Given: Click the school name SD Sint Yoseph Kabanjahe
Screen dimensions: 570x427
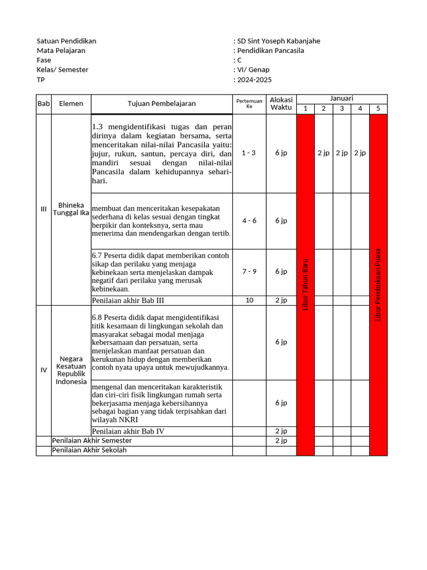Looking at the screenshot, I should (279, 41).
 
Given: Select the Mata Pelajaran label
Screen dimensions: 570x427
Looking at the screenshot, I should (61, 51).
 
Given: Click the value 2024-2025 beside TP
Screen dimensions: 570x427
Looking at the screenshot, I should (255, 80).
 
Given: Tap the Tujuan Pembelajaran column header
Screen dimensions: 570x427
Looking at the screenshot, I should (161, 104).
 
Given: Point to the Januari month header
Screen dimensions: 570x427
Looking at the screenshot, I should (341, 99).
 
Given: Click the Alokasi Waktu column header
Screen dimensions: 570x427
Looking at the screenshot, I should (281, 104).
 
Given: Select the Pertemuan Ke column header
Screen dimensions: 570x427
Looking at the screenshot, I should (249, 104).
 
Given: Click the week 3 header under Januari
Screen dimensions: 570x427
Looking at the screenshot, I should (341, 109).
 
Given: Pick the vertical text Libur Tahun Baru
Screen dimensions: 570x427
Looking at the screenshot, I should (305, 284).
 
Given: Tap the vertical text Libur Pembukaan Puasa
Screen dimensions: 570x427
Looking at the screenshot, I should (378, 284).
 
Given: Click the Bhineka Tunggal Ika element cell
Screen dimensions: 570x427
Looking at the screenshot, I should (71, 209).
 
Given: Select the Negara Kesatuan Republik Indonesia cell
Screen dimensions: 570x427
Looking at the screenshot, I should (71, 370).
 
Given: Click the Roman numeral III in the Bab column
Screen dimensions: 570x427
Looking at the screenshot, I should (43, 209).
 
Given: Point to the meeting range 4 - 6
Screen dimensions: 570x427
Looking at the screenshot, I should (249, 220).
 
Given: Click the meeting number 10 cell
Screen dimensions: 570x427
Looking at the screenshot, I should (249, 300).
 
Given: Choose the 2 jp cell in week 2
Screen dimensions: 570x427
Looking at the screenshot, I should (323, 153).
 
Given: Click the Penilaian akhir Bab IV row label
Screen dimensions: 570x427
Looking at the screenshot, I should (128, 431).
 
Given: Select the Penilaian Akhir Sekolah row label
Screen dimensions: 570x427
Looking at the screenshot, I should (89, 450).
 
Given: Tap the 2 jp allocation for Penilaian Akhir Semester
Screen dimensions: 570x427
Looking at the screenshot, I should (281, 440).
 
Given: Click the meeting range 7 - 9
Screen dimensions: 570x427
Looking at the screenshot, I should (249, 272).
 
